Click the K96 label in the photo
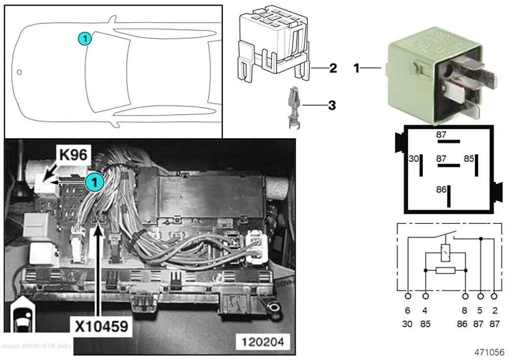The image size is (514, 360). click(x=73, y=154)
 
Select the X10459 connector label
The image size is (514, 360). click(x=101, y=327)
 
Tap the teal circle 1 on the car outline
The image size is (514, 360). click(x=85, y=39)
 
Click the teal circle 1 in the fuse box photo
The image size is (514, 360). click(x=94, y=182)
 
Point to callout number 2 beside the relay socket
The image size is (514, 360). click(x=333, y=68)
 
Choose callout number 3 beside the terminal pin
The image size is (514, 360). click(x=332, y=105)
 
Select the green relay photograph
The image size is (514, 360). click(x=441, y=75)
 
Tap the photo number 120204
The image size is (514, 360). click(x=263, y=342)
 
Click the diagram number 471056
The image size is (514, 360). click(x=489, y=352)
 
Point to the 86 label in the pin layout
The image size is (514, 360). click(x=441, y=190)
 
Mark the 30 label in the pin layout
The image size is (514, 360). click(x=414, y=159)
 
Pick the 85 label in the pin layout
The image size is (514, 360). click(x=469, y=159)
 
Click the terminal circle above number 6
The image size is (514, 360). click(x=408, y=296)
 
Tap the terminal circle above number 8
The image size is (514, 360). click(x=465, y=296)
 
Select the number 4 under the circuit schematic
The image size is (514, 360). click(x=425, y=310)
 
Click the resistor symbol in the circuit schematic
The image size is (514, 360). click(x=445, y=270)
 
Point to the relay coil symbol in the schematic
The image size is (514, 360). click(x=445, y=253)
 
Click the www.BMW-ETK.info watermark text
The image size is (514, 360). click(x=36, y=346)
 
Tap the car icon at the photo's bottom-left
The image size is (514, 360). click(x=23, y=315)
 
